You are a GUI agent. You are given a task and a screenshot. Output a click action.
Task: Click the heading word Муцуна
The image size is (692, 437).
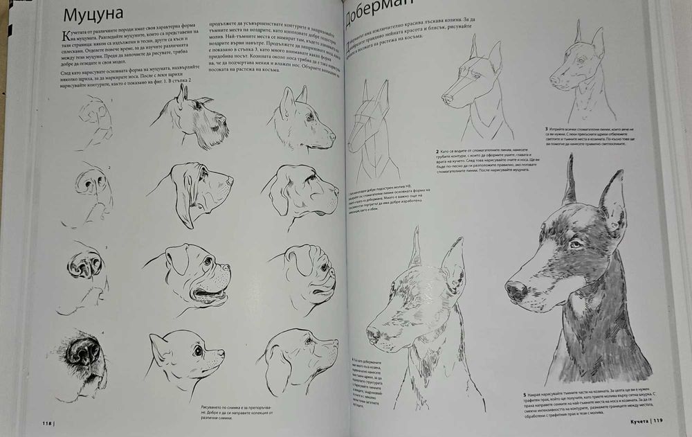point(93,15)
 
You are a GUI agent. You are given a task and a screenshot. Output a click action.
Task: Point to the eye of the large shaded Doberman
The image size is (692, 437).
point(574,244)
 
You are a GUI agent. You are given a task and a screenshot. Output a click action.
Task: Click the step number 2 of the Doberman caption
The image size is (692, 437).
point(437,151)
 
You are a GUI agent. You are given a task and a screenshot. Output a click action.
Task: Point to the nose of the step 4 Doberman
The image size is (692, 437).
point(372,336)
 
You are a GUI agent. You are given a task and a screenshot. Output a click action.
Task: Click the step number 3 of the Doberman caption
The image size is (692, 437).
point(547,129)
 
